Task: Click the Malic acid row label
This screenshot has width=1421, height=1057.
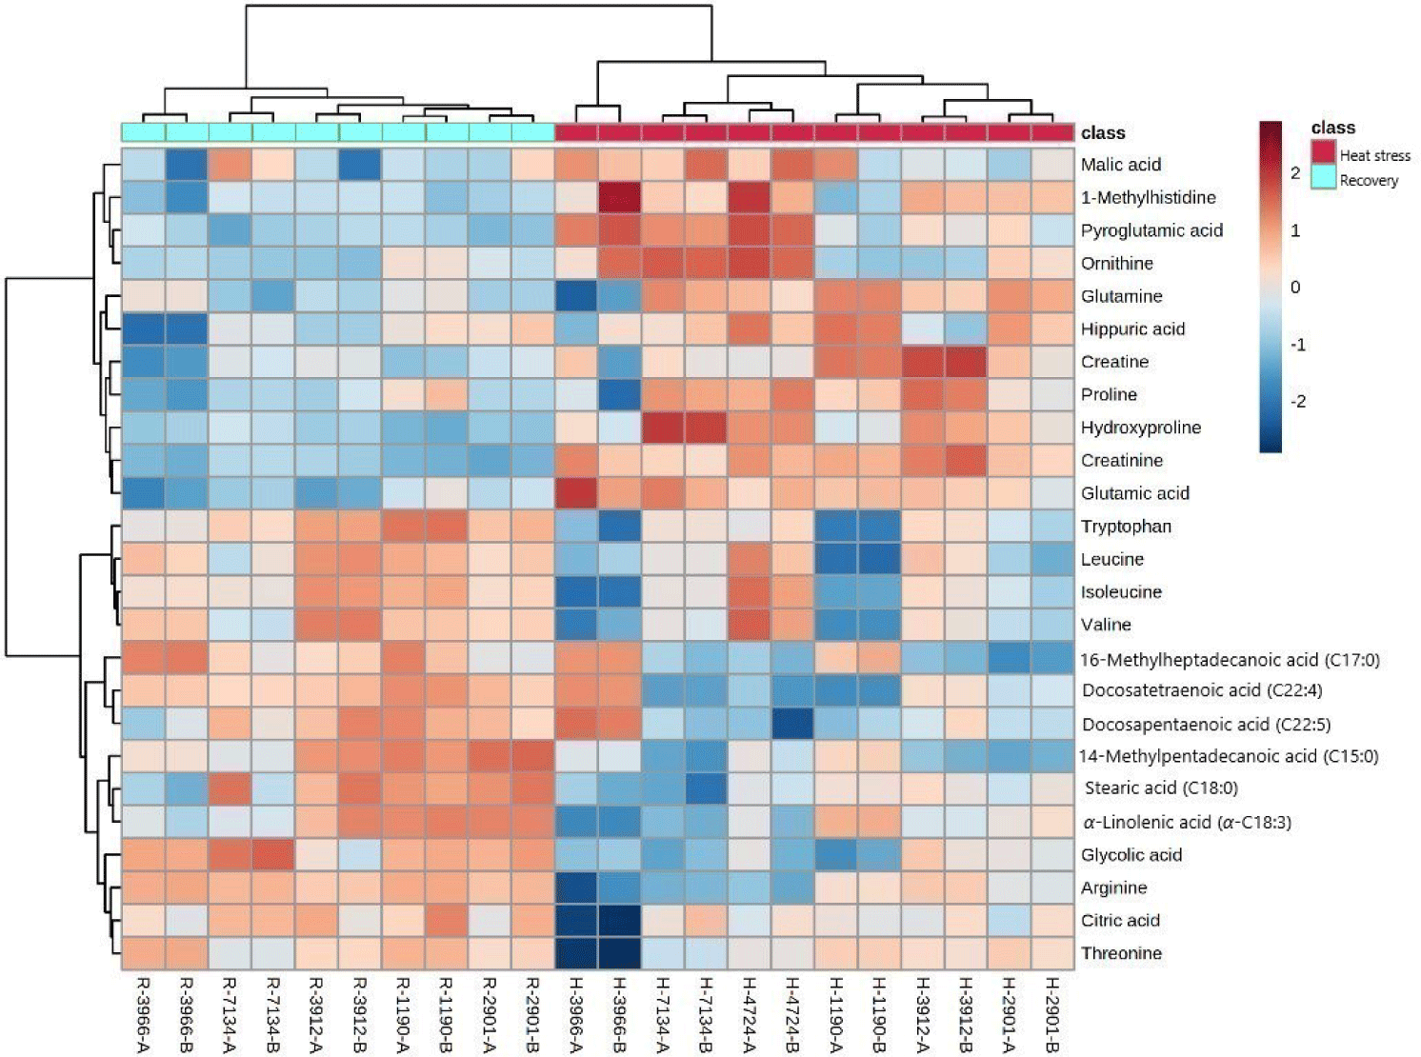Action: [x=1120, y=165]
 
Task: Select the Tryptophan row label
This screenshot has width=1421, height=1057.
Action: [x=1126, y=527]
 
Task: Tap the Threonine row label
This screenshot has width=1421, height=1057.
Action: [x=1121, y=953]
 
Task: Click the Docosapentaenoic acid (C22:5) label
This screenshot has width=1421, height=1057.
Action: [x=1206, y=724]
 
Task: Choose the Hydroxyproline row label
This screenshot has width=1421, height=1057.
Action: [x=1140, y=428]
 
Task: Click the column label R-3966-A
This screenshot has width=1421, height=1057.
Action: [x=144, y=1015]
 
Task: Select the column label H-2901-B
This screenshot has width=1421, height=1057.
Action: [x=1052, y=1015]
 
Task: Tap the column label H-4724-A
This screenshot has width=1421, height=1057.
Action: [x=750, y=1015]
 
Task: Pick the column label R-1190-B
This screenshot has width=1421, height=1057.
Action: [x=447, y=1015]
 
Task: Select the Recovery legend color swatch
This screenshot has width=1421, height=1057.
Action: [x=1323, y=177]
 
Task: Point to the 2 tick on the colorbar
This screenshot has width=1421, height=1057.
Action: [x=1294, y=173]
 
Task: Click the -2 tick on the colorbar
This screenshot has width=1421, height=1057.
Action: [x=1296, y=401]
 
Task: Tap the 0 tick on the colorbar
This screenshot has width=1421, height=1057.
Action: [x=1294, y=287]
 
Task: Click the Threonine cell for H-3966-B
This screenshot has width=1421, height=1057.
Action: [x=620, y=953]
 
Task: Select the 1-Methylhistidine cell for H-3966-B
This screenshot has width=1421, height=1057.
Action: [x=620, y=197]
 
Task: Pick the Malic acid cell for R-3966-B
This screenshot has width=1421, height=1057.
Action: [x=187, y=165]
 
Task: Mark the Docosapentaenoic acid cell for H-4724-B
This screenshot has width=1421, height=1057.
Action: [x=793, y=724]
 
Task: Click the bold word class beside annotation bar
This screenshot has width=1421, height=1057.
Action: [x=1103, y=132]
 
